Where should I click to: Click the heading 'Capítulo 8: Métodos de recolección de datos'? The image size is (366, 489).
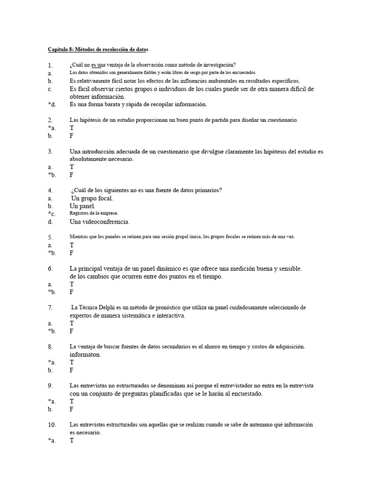(101, 49)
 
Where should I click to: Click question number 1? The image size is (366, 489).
(50, 65)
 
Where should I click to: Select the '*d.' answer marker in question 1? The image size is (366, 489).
(51, 105)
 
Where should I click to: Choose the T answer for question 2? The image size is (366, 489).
(72, 128)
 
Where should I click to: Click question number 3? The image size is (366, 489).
(50, 152)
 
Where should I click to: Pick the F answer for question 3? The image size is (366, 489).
(72, 175)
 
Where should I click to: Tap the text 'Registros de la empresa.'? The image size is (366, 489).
(94, 213)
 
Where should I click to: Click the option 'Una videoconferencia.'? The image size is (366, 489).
(100, 222)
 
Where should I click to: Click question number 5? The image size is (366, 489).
(50, 237)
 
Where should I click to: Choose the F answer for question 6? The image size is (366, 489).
(72, 292)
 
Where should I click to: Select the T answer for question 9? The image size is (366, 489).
(72, 402)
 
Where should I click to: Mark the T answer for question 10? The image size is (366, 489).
(72, 441)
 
